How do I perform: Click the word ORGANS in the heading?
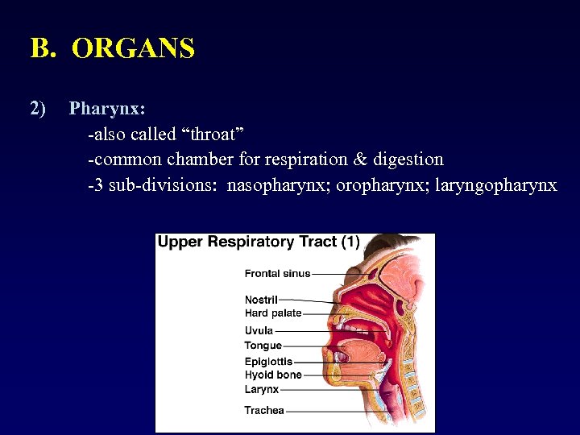(133, 49)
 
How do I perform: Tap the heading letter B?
(41, 49)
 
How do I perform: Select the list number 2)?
(38, 108)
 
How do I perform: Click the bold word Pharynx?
(107, 108)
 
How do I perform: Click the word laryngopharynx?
(495, 185)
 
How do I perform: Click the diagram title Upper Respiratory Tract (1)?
(259, 242)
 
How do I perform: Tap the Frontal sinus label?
(277, 274)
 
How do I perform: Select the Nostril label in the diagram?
(261, 300)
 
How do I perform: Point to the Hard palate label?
(273, 313)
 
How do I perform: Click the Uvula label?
(259, 330)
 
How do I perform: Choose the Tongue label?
(263, 346)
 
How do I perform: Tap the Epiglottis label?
(268, 362)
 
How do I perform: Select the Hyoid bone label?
(273, 375)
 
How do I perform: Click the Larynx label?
(261, 389)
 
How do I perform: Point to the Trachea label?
(264, 411)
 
